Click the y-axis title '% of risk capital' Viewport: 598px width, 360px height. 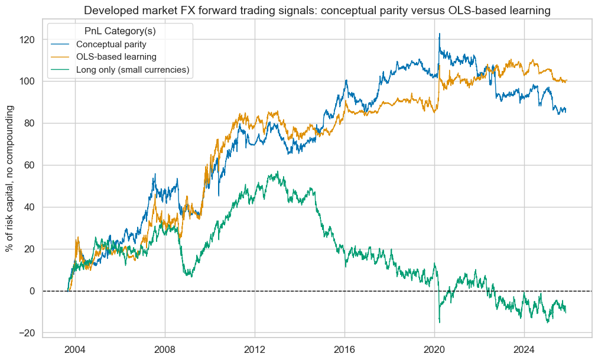[10, 178]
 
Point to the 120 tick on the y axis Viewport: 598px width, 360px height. [29, 40]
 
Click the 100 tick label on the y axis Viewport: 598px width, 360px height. [29, 82]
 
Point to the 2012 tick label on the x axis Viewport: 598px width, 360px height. [255, 348]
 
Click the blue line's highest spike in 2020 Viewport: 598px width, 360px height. [439, 34]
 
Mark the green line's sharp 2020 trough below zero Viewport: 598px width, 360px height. [439, 322]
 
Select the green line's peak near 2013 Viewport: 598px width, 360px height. [278, 172]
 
